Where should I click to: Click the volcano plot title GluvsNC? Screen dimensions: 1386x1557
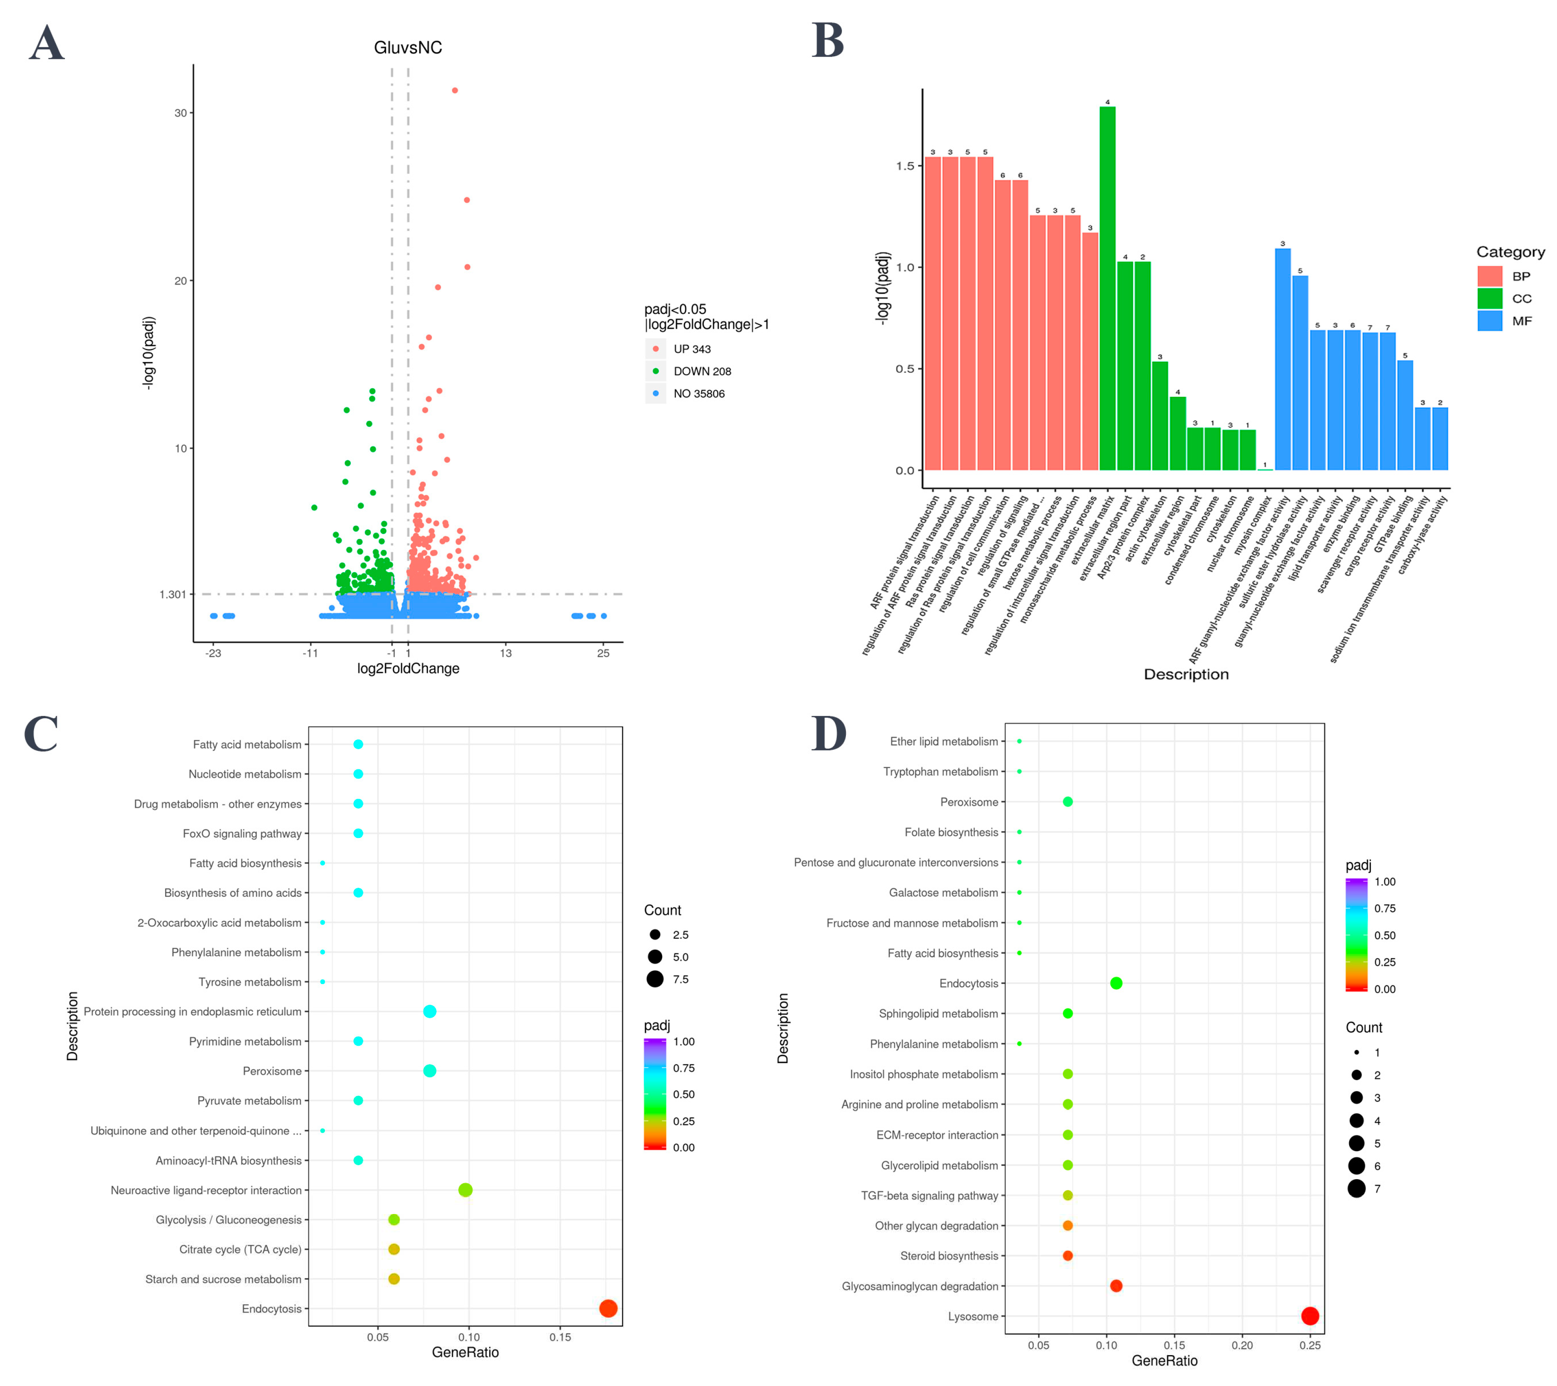click(x=408, y=48)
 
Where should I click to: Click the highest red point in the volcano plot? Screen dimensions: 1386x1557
click(x=455, y=91)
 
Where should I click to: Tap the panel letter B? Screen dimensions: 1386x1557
click(x=828, y=41)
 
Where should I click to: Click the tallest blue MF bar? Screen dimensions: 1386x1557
click(x=1283, y=358)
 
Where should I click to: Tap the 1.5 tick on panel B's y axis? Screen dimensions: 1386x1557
click(x=905, y=166)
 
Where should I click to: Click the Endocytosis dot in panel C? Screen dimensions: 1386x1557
click(x=608, y=1308)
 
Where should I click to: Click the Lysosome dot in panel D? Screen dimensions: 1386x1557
click(x=1309, y=1316)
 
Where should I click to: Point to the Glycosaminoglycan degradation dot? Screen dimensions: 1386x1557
click(x=1116, y=1285)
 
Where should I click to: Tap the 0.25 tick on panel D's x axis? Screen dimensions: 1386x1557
click(x=1309, y=1345)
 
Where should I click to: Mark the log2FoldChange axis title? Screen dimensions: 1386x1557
click(x=408, y=669)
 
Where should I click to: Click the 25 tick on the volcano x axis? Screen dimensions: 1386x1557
click(x=603, y=653)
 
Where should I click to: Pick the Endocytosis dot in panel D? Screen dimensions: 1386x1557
click(x=1116, y=983)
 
